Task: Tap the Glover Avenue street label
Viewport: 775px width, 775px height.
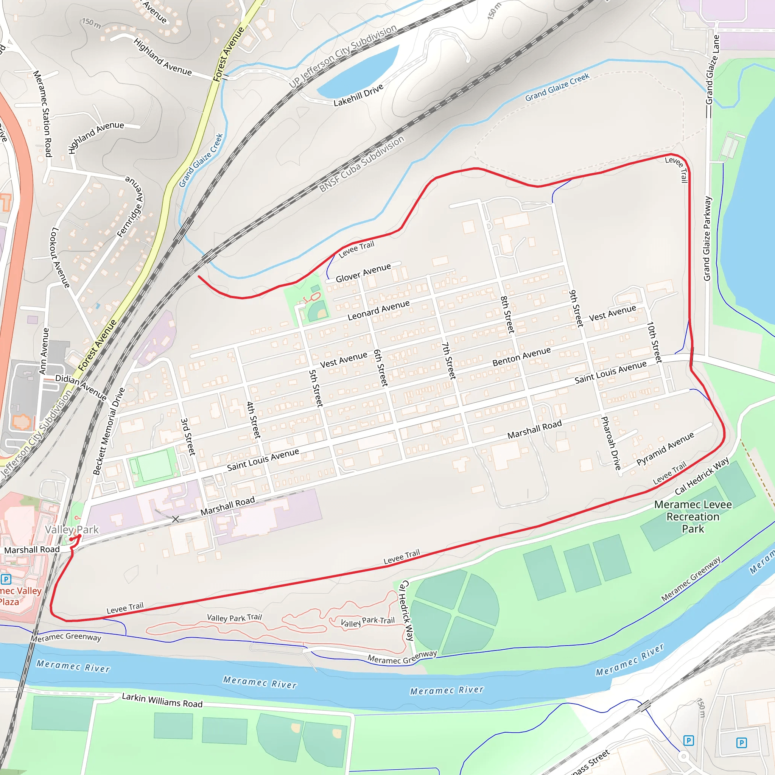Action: click(363, 273)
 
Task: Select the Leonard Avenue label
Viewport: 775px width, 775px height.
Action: click(378, 310)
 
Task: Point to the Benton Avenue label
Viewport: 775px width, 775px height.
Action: click(521, 356)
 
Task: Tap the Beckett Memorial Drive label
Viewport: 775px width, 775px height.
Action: click(109, 431)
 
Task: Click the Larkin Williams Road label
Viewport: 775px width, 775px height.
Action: click(162, 700)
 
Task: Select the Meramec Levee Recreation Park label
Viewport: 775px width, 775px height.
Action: click(693, 517)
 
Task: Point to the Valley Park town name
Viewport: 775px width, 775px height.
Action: click(72, 529)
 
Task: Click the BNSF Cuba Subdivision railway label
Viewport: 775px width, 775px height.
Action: click(361, 164)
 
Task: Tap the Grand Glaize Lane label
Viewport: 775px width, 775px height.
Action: click(713, 69)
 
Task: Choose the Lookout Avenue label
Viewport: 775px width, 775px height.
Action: click(60, 257)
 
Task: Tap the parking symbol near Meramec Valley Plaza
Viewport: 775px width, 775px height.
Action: click(6, 579)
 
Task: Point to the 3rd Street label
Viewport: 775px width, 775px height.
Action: click(188, 437)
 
